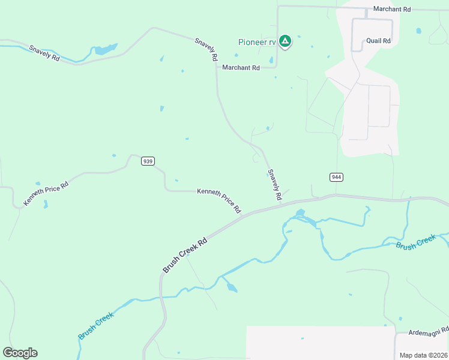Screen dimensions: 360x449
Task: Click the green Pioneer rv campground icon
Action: [286, 41]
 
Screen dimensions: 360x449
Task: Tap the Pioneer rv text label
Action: [256, 42]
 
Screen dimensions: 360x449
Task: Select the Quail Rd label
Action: [378, 41]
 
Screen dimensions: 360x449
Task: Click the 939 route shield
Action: [148, 161]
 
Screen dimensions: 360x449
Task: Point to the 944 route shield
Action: [336, 177]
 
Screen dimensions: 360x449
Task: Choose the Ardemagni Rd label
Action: [429, 331]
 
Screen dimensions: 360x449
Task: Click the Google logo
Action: [20, 353]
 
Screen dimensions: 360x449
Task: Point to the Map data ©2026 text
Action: [423, 355]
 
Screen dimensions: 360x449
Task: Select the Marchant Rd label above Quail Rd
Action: [391, 10]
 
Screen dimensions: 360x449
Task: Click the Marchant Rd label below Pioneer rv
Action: [241, 68]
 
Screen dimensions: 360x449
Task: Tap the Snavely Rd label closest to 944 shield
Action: [275, 184]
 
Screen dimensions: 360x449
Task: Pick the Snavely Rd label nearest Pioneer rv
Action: [205, 50]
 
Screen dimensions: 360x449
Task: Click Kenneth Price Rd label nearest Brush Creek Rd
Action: [219, 200]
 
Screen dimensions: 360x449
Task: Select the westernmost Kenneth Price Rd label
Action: [46, 193]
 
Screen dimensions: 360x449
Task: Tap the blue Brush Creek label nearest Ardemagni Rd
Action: [415, 242]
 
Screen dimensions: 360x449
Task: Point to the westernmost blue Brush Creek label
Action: [96, 326]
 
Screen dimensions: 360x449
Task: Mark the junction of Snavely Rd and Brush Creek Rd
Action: [281, 203]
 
